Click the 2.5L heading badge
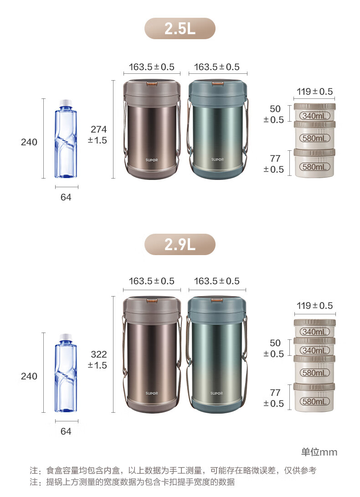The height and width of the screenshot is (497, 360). pyautogui.click(x=180, y=29)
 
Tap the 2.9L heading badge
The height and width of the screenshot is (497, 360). pyautogui.click(x=180, y=244)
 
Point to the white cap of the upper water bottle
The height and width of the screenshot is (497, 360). pyautogui.click(x=66, y=102)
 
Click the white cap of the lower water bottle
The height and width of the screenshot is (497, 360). pyautogui.click(x=66, y=337)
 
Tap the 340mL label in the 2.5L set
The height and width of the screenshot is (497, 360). pyautogui.click(x=314, y=116)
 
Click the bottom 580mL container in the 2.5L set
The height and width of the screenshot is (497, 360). pyautogui.click(x=314, y=163)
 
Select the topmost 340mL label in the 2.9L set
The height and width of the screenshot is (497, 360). pyautogui.click(x=314, y=332)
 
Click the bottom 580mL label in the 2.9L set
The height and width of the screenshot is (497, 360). pyautogui.click(x=314, y=402)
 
